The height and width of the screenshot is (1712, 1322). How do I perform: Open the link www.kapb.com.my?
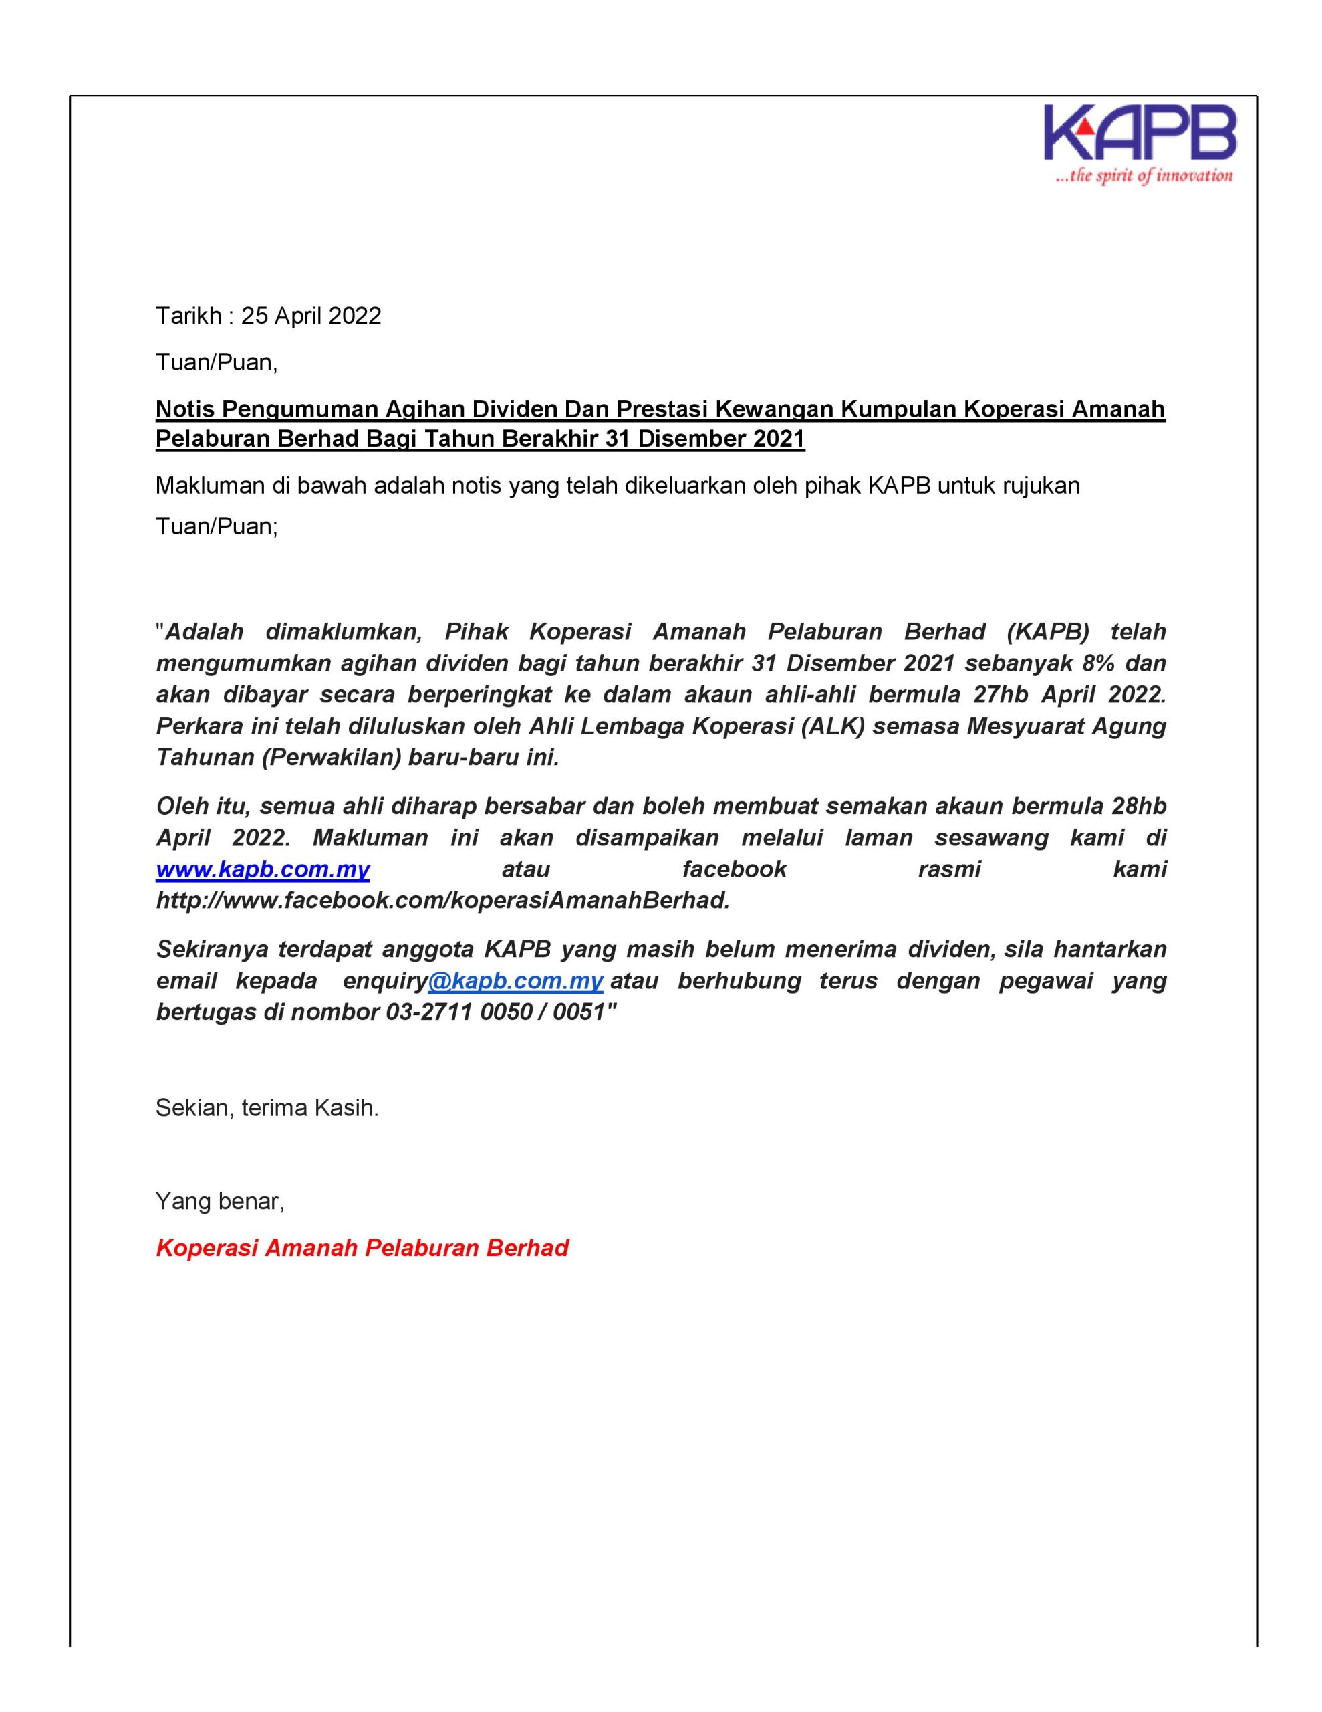pyautogui.click(x=263, y=869)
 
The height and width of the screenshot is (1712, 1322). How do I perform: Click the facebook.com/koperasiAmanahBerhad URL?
pyautogui.click(x=442, y=901)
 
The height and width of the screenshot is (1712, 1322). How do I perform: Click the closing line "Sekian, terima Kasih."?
pyautogui.click(x=267, y=1107)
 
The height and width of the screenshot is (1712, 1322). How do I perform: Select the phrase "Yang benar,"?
pyautogui.click(x=220, y=1201)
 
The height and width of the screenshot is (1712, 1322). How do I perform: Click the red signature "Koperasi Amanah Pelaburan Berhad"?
pyautogui.click(x=362, y=1248)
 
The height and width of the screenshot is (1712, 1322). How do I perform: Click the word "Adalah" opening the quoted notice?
pyautogui.click(x=205, y=632)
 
